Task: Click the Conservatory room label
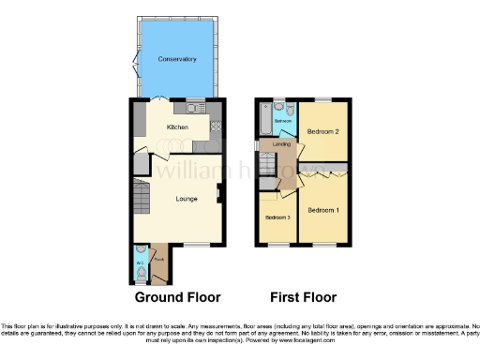(x=177, y=59)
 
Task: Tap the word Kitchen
(x=177, y=127)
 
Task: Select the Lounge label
(x=185, y=198)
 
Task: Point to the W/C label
(x=140, y=262)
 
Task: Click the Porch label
(x=158, y=259)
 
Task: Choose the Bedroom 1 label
(x=323, y=209)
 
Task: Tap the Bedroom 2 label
(x=323, y=132)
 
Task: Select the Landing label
(x=281, y=143)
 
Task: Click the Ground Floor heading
(x=178, y=297)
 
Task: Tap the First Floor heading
(x=303, y=297)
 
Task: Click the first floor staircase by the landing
(x=268, y=166)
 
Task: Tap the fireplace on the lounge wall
(x=218, y=193)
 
